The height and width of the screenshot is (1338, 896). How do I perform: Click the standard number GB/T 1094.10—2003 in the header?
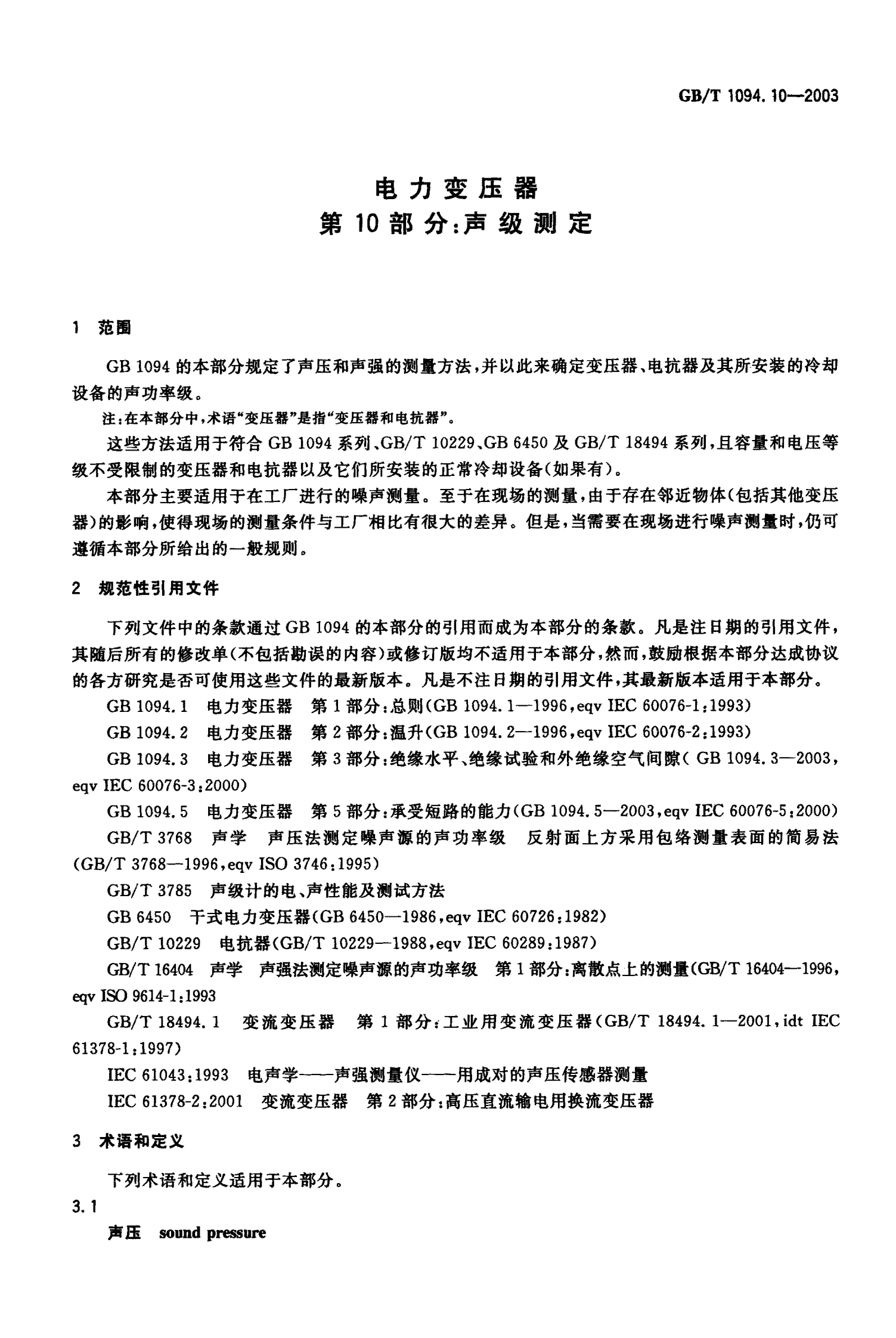[x=758, y=95]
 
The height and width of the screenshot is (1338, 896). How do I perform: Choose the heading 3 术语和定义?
[x=128, y=1141]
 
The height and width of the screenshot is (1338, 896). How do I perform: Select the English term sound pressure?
[x=212, y=1232]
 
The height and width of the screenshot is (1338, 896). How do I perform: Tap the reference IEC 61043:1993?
[x=168, y=1074]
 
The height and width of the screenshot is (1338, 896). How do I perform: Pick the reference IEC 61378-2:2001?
[x=175, y=1100]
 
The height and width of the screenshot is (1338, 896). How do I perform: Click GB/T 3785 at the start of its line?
[x=149, y=891]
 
